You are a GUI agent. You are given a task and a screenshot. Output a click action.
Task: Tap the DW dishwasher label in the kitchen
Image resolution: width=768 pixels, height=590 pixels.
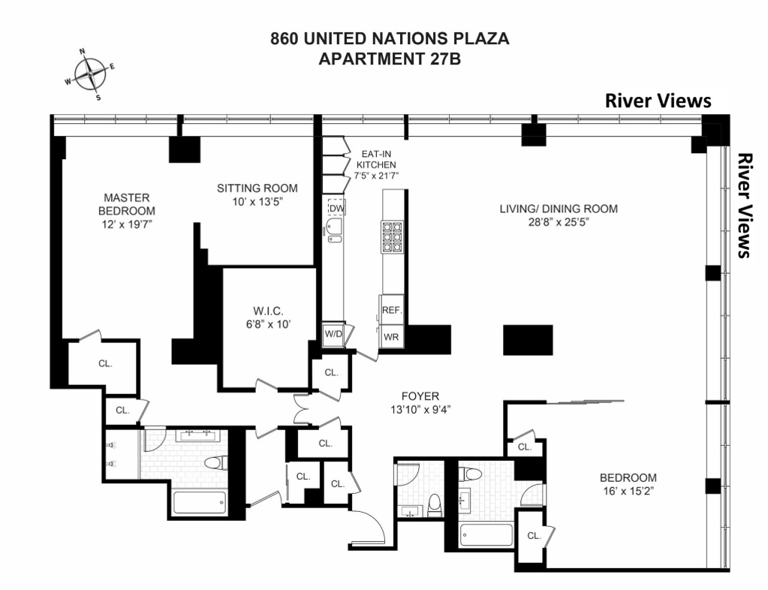click(336, 208)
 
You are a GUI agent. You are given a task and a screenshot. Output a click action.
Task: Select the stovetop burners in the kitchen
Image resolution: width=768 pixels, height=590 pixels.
click(392, 236)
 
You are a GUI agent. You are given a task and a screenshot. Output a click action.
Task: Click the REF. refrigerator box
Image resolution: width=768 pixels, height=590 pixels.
click(392, 309)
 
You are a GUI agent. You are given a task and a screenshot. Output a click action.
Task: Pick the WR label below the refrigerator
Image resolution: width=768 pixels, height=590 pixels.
click(391, 337)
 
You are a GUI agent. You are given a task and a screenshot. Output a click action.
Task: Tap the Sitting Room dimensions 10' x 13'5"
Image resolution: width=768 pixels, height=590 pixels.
click(258, 202)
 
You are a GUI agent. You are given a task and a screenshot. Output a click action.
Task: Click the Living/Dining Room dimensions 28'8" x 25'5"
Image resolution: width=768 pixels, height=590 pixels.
click(559, 222)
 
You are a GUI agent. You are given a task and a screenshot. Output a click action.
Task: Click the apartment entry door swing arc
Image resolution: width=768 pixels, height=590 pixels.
click(370, 525)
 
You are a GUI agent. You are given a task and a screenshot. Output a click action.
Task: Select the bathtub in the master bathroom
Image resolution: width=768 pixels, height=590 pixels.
click(200, 501)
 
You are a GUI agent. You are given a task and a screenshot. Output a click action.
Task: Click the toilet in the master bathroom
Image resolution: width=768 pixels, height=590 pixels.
click(213, 462)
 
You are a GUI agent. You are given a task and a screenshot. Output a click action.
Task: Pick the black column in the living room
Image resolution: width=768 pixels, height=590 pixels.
click(528, 339)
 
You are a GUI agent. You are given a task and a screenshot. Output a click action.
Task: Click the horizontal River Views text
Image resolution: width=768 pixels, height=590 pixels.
click(658, 101)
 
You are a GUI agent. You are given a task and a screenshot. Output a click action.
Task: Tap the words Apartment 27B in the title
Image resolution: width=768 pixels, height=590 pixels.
click(390, 59)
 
